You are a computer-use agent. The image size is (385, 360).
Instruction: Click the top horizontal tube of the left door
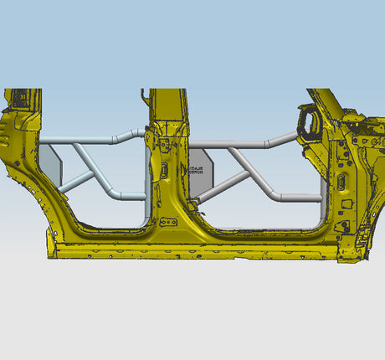pos(84,140)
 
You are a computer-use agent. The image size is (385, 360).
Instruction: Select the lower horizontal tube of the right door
pos(293,198)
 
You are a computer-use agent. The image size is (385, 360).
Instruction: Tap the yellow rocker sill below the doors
pos(192,249)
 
